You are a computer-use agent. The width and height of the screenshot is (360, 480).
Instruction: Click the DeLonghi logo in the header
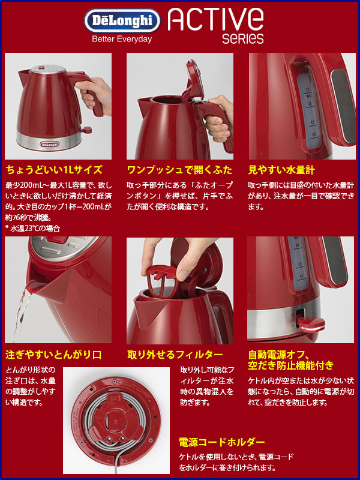(x=122, y=22)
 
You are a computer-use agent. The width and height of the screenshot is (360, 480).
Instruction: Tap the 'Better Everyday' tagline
(x=122, y=39)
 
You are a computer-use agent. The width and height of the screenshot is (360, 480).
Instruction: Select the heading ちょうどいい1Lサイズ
(x=54, y=170)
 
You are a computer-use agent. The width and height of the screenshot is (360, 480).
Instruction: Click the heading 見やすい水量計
(x=281, y=170)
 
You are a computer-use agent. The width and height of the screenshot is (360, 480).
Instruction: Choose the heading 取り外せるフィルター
(x=175, y=354)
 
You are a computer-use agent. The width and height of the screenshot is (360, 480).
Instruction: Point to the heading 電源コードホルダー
(x=222, y=443)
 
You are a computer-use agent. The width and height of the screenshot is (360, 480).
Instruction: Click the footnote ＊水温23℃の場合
(x=33, y=228)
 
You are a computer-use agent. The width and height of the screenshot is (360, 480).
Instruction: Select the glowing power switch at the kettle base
(x=310, y=325)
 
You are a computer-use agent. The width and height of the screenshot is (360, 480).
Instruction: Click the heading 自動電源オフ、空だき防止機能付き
(x=290, y=359)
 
